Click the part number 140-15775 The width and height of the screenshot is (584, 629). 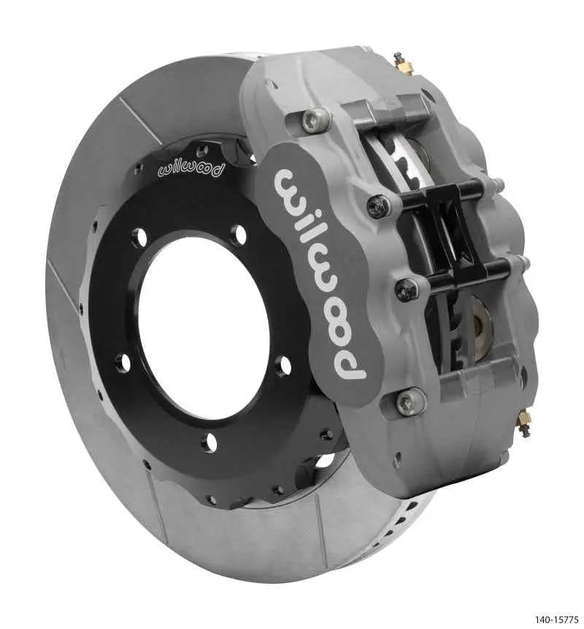pyautogui.click(x=556, y=620)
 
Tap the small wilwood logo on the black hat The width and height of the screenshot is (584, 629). pyautogui.click(x=192, y=171)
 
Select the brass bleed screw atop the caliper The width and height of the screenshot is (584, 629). pyautogui.click(x=402, y=64)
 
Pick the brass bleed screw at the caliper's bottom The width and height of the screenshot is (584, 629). pyautogui.click(x=523, y=423)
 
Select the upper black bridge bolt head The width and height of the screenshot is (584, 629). pyautogui.click(x=379, y=207)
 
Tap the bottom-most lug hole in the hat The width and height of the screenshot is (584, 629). pyautogui.click(x=210, y=442)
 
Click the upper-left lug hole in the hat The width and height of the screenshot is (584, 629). pyautogui.click(x=139, y=237)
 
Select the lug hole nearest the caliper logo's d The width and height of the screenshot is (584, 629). pyautogui.click(x=283, y=365)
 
